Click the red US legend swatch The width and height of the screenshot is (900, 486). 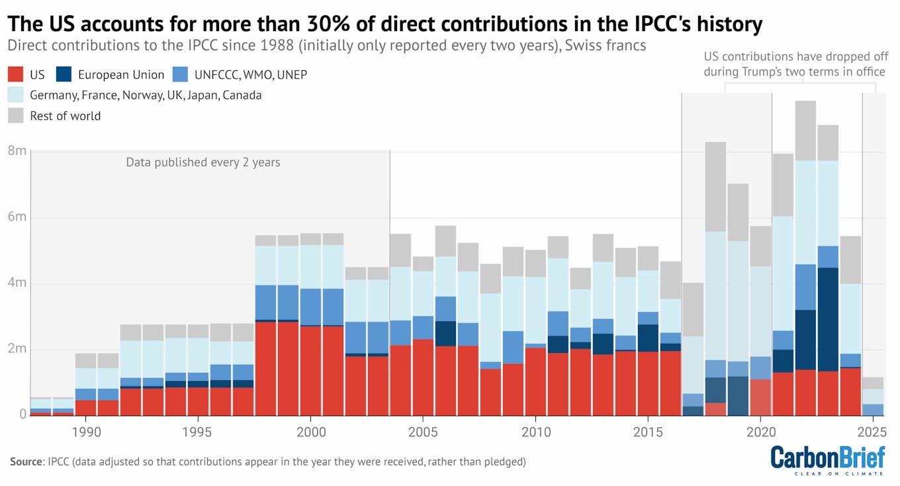17,75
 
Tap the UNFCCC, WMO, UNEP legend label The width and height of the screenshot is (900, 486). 251,75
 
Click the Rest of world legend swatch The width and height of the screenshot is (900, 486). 17,116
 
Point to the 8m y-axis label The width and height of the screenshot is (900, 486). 17,151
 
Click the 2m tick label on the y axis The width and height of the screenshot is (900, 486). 17,349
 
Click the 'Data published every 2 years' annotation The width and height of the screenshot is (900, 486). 203,162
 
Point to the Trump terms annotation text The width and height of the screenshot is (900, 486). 794,64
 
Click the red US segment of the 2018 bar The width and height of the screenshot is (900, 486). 715,409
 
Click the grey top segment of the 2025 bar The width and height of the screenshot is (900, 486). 873,383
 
